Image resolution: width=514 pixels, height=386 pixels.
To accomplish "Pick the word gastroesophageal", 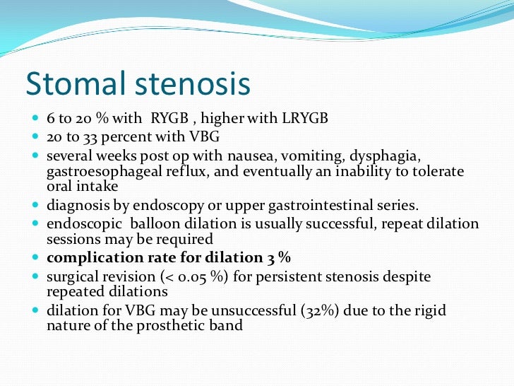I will point(94,171).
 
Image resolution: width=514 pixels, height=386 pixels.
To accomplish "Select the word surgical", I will point(71,276).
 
